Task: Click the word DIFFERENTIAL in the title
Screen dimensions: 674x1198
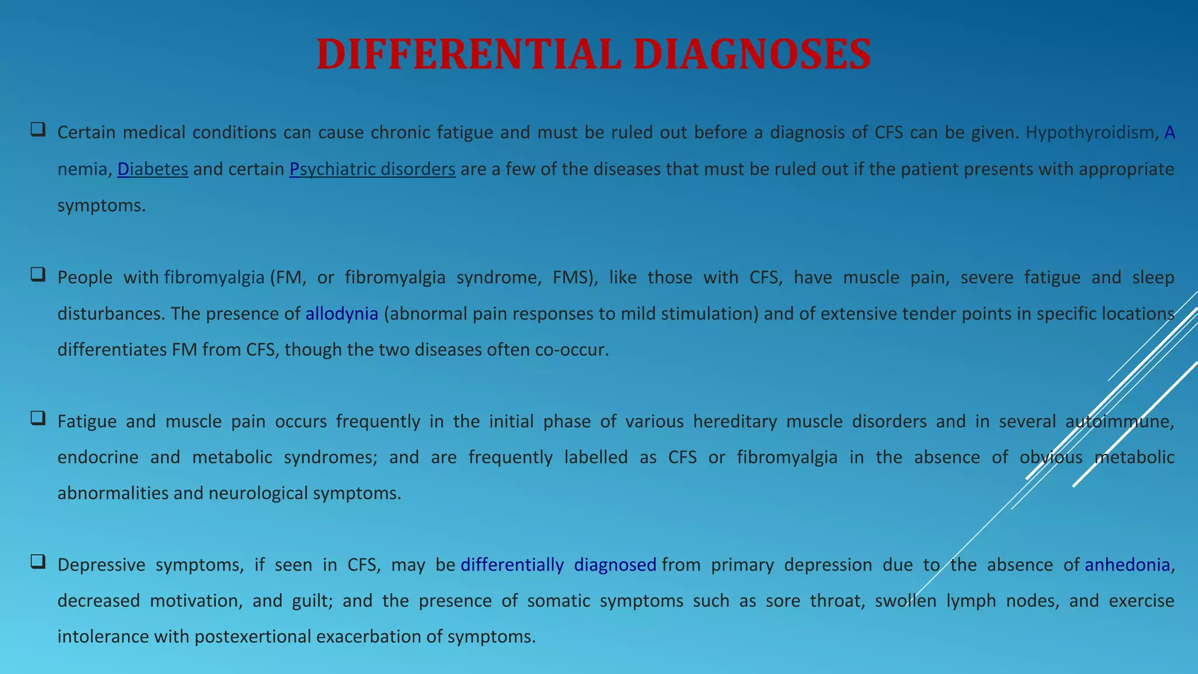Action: point(468,54)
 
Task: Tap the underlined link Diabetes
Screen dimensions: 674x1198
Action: point(153,169)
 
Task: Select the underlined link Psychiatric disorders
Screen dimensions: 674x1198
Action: point(372,169)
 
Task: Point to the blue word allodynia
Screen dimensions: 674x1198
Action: point(342,314)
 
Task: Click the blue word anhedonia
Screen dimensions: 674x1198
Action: point(1127,565)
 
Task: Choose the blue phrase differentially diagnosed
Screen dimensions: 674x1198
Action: point(558,565)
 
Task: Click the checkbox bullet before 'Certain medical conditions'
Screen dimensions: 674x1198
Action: point(38,129)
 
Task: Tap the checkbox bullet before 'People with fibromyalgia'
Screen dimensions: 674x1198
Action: point(38,274)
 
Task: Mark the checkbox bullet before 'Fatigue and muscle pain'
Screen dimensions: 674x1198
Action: point(38,418)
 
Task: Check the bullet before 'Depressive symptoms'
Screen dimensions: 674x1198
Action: point(38,562)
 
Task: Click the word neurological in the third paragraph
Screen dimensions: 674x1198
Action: point(258,493)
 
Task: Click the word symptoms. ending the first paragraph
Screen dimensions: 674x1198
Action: point(101,206)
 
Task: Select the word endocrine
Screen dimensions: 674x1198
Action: point(98,457)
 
